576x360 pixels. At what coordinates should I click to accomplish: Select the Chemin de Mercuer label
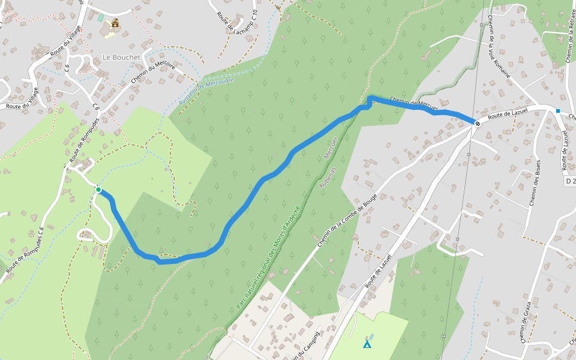[413, 103]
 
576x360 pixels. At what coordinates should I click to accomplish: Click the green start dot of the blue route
[98, 190]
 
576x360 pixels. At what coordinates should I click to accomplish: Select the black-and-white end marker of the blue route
[477, 124]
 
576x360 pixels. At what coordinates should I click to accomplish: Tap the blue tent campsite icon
[367, 344]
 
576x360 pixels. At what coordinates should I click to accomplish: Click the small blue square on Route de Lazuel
[558, 111]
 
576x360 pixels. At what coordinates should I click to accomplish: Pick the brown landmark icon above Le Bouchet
[114, 23]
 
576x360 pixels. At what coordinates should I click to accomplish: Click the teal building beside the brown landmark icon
[101, 18]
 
